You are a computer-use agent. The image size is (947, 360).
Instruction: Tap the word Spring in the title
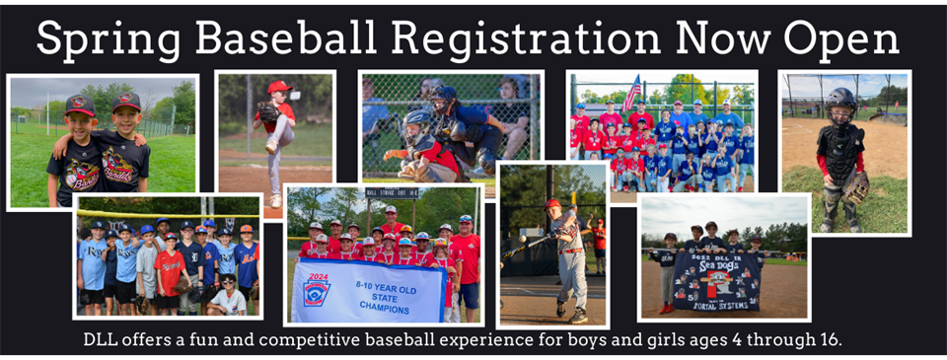tap(106, 39)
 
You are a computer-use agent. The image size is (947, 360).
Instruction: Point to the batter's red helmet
tap(552, 203)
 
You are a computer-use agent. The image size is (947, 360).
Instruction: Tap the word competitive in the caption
tap(314, 340)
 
